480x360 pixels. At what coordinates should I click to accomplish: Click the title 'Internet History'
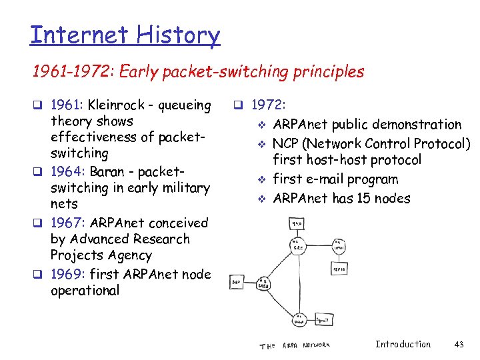coord(125,35)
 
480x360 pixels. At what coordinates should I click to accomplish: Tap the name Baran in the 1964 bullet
coord(105,171)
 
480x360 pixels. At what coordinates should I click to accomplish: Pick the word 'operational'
coord(85,291)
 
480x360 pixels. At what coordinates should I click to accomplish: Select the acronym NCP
coord(287,144)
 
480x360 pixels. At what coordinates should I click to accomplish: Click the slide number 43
coord(458,344)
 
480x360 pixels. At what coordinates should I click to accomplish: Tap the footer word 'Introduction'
coord(403,344)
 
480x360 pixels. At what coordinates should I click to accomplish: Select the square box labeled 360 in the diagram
coord(236,283)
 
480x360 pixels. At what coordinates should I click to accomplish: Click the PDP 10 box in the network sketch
coord(339,268)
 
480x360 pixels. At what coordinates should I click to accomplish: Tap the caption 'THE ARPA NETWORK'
coord(294,345)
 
